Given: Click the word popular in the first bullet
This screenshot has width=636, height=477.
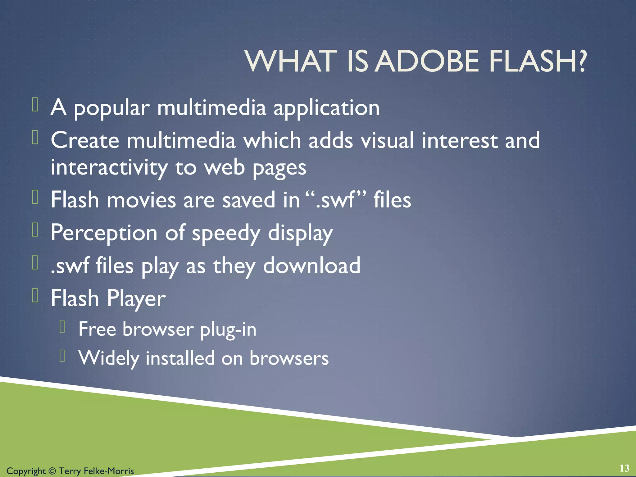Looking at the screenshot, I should click(x=112, y=108).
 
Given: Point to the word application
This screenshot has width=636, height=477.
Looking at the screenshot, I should click(x=326, y=108).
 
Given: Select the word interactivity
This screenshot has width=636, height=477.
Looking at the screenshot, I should click(x=109, y=167).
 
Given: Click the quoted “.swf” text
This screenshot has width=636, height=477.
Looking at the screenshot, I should click(x=336, y=200).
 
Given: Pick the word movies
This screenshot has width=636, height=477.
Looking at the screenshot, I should click(x=141, y=200).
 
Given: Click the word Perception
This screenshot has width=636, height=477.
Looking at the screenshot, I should click(x=104, y=233).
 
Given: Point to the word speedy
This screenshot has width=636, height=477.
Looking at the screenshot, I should click(x=226, y=233).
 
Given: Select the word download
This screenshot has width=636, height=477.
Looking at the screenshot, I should click(x=311, y=266).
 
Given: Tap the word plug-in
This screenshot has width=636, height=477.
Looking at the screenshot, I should click(x=228, y=329).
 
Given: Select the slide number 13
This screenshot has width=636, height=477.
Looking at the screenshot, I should click(x=624, y=468).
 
